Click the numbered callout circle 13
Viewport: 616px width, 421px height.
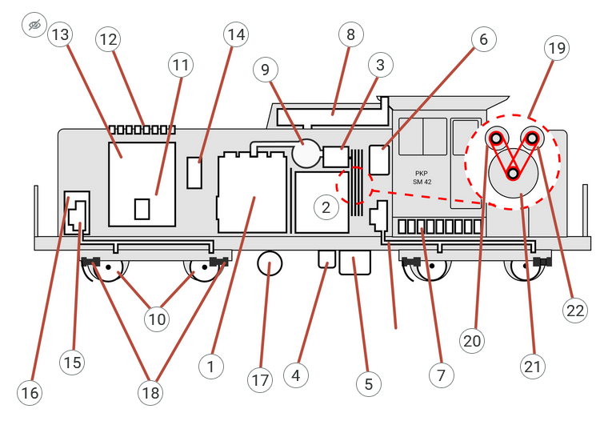(60, 35)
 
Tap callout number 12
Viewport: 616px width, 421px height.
(107, 38)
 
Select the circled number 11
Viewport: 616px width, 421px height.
(182, 66)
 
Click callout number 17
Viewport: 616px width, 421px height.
(259, 380)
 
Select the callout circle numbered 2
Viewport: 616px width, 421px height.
(326, 207)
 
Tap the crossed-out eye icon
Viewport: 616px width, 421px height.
(33, 26)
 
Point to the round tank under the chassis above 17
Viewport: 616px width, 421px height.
(270, 263)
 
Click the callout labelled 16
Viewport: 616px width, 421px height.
(30, 393)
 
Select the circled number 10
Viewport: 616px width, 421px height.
(157, 319)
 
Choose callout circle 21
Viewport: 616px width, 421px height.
(532, 367)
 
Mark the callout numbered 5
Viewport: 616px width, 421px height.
(368, 383)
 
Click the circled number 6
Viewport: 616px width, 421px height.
(483, 38)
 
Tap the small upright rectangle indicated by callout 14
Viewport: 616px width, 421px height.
(194, 173)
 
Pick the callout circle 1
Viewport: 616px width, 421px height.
(210, 366)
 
